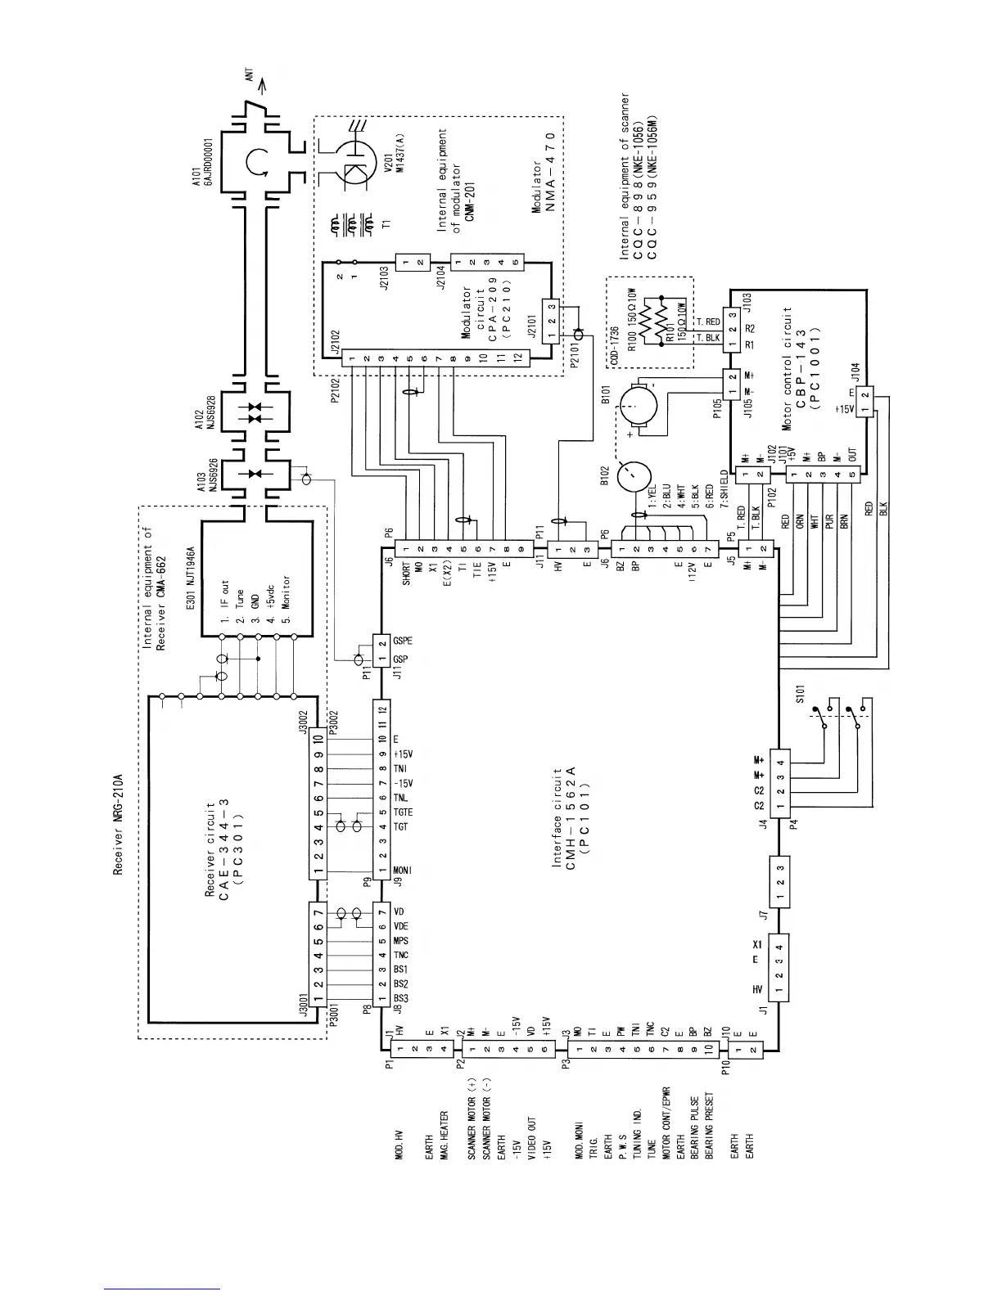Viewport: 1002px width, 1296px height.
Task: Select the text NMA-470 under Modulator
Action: click(x=551, y=171)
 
